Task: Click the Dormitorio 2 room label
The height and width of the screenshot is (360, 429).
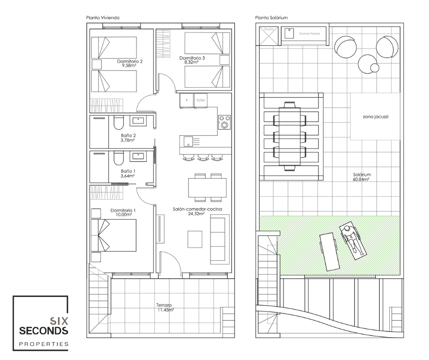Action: (x=130, y=61)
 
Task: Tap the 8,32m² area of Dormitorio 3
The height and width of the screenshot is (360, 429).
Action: (x=191, y=62)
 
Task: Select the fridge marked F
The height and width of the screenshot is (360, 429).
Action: (x=187, y=101)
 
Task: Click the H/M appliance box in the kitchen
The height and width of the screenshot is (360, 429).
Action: (x=200, y=101)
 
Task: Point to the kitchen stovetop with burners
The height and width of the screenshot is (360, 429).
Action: (x=225, y=122)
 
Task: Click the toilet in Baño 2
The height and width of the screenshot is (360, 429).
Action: (x=119, y=123)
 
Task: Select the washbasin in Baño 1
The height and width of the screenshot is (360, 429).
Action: (x=138, y=156)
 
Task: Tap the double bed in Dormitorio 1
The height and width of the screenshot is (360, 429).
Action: (x=114, y=235)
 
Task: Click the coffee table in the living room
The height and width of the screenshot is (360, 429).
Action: (x=195, y=239)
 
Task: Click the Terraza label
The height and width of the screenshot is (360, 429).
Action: (x=164, y=305)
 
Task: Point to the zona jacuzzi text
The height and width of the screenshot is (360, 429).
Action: (x=376, y=116)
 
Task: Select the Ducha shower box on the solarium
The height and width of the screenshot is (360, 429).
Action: (x=268, y=36)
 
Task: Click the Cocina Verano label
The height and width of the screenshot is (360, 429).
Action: (x=309, y=34)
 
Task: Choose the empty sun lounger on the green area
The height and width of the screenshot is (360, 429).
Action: (x=330, y=252)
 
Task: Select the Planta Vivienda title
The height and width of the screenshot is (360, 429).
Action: (x=103, y=18)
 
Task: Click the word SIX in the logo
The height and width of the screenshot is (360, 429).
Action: (x=58, y=321)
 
